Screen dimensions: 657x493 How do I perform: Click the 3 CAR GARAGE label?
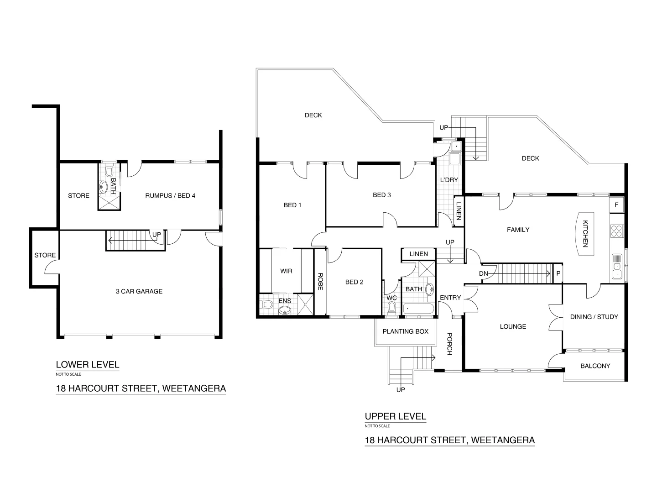139,291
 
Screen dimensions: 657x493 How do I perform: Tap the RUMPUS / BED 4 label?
170,196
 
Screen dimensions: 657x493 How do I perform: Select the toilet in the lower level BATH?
109,171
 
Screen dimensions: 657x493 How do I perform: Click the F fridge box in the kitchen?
616,205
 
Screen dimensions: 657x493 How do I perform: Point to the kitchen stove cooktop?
616,231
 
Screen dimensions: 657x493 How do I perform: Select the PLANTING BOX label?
406,331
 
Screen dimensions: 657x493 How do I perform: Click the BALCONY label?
595,366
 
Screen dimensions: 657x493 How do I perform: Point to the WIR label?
286,271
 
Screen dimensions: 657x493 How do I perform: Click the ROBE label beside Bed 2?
320,282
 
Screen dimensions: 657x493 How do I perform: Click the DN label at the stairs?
484,273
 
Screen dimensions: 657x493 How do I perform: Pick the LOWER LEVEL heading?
88,364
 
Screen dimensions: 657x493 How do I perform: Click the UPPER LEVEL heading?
396,416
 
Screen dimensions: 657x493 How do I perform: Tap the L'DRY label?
448,180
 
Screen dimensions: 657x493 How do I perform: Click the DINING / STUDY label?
594,317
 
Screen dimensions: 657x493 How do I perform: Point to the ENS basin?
284,311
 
